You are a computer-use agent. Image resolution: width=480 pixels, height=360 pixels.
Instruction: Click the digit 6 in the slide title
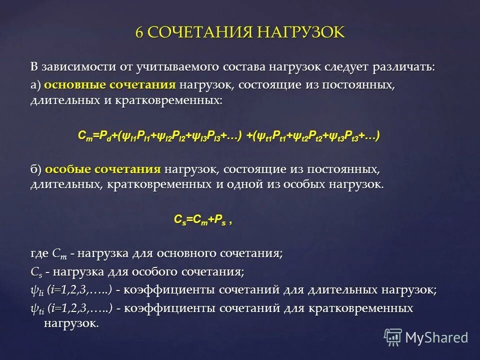tap(140, 32)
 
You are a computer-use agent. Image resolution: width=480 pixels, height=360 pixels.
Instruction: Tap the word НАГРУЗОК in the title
tap(301, 32)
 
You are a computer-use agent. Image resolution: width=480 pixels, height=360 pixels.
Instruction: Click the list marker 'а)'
tap(35, 84)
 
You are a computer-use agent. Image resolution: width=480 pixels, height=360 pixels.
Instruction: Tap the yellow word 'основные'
tap(70, 84)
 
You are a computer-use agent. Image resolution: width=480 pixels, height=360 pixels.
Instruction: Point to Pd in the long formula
tap(105, 136)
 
